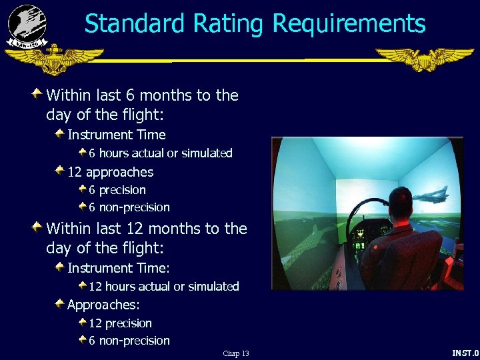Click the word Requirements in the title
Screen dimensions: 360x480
point(349,24)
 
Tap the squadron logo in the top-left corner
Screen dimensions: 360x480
point(27,25)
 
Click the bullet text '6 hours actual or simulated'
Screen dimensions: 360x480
point(161,153)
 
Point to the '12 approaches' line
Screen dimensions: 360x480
point(110,172)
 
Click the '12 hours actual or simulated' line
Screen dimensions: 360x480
point(163,287)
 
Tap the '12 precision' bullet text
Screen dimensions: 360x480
point(120,323)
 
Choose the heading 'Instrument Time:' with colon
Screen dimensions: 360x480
point(119,268)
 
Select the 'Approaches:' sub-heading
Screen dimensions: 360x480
point(103,305)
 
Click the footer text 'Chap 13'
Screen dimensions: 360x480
point(236,353)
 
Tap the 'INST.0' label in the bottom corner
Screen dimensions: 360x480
point(465,353)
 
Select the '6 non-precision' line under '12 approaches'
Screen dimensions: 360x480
point(129,207)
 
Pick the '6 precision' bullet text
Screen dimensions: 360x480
point(117,190)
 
